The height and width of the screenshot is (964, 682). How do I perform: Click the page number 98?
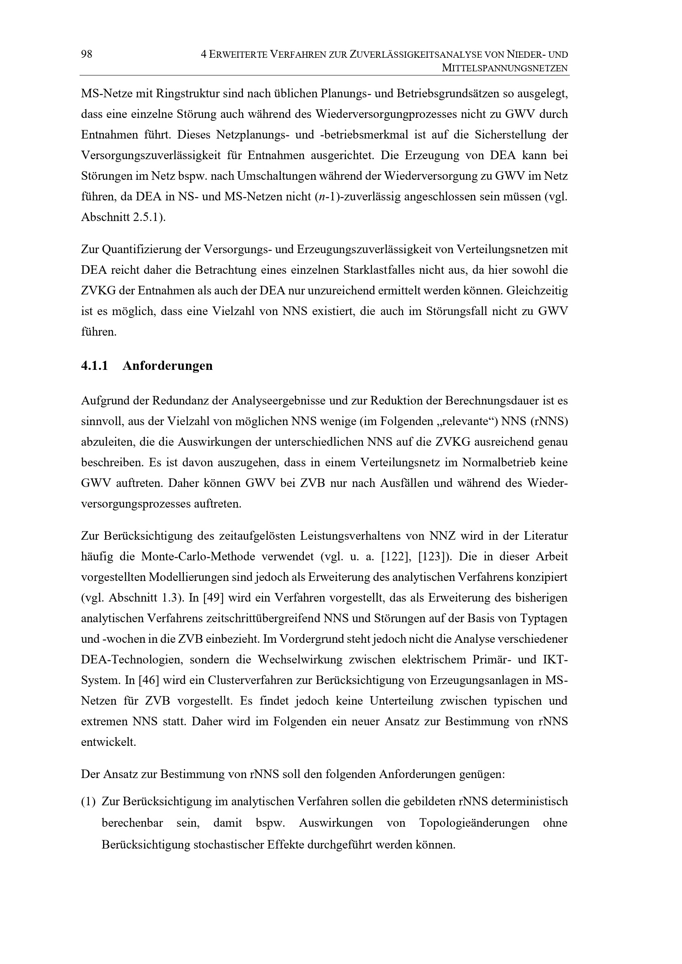[87, 54]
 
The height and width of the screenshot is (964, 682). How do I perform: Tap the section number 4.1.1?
[94, 366]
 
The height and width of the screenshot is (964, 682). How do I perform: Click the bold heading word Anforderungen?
[167, 366]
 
